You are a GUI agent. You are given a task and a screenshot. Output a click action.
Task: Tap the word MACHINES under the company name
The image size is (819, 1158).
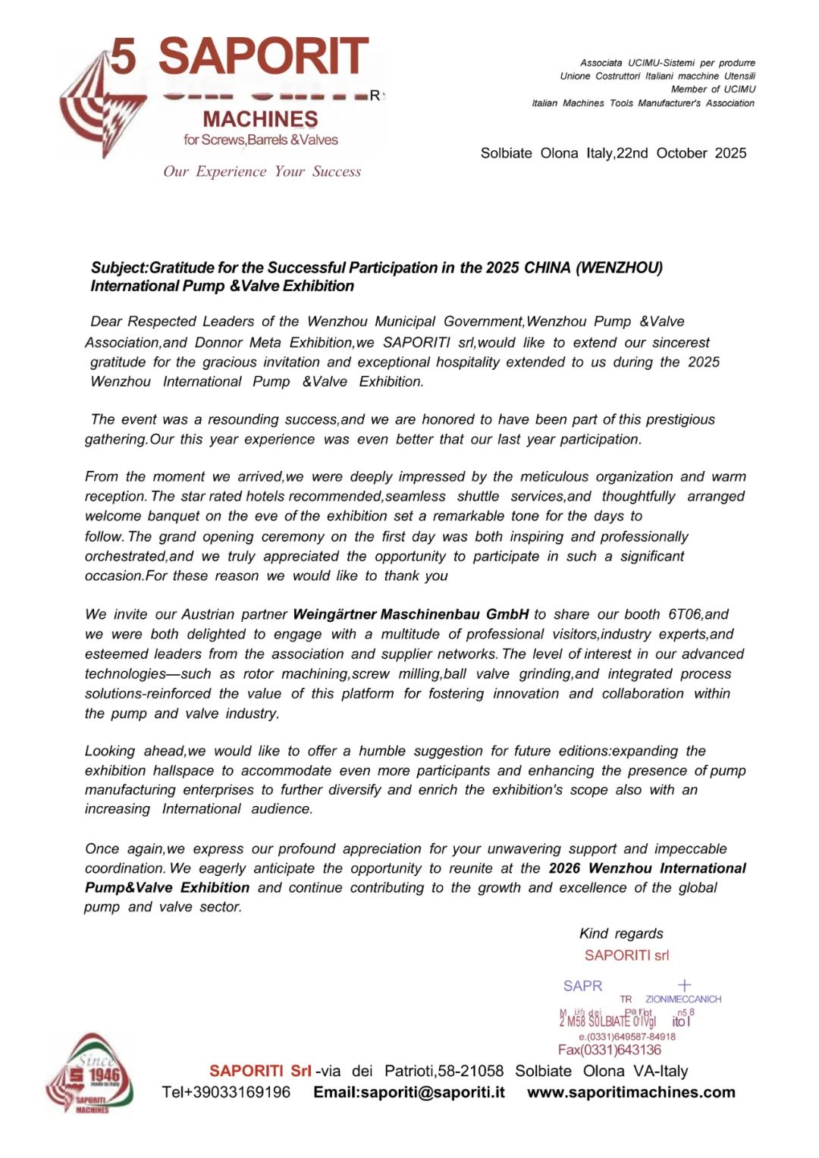coord(260,119)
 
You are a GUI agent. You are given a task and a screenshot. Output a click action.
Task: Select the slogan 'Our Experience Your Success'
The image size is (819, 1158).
coord(262,171)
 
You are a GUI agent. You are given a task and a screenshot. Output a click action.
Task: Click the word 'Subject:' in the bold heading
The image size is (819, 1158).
coord(120,268)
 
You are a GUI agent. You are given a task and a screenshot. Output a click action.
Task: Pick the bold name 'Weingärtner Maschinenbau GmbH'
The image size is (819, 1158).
coord(410,614)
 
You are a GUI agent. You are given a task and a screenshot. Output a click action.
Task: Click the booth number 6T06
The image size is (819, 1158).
coord(686,614)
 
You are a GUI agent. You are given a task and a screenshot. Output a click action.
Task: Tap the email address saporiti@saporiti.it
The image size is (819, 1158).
coord(409,1092)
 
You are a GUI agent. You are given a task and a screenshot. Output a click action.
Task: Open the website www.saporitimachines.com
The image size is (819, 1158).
coord(631,1092)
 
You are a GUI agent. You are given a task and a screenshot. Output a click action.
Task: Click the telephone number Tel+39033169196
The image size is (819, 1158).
coord(226,1092)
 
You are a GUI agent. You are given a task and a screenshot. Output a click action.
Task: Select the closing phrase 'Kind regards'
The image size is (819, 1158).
coord(621,934)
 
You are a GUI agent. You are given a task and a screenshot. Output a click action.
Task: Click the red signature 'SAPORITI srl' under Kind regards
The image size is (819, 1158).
coord(626,956)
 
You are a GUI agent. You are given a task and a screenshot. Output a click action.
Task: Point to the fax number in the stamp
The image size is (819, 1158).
coord(610,1050)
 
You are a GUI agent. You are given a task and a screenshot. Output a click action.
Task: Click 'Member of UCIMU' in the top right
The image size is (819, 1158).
coord(713,89)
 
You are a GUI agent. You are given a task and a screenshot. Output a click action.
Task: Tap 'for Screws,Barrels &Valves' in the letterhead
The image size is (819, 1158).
coord(260,140)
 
